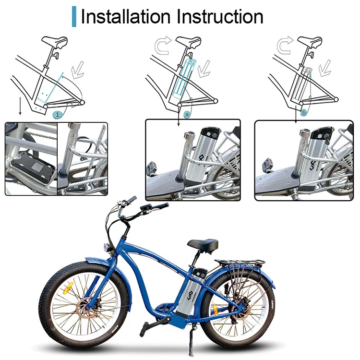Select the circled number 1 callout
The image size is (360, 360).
tap(58, 115)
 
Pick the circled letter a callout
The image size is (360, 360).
tap(187, 114)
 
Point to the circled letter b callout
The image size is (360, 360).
tap(303, 113)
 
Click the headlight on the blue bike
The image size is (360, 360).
tap(107, 247)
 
